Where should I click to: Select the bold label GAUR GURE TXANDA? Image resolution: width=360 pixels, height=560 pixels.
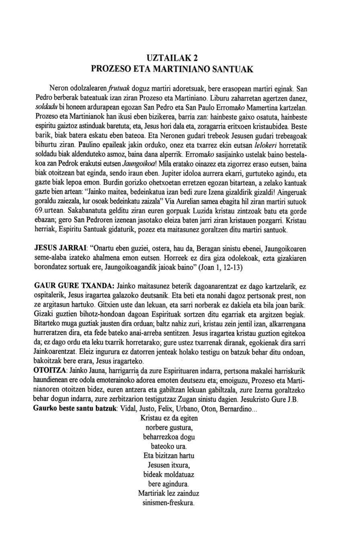pos(74,286)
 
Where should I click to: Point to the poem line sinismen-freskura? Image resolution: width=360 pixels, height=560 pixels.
pos(169,502)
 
